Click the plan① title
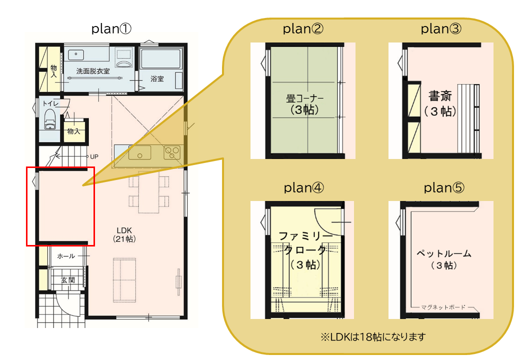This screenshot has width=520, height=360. [111, 29]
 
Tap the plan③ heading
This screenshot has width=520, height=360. [440, 29]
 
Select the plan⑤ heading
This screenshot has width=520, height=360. [444, 188]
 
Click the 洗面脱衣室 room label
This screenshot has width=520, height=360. [93, 71]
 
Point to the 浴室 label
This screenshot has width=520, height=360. [157, 78]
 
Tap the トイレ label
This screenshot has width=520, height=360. [50, 103]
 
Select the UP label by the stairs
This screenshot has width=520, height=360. [94, 156]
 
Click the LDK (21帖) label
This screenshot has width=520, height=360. [124, 234]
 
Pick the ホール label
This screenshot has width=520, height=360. [66, 256]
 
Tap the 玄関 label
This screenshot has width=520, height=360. [68, 280]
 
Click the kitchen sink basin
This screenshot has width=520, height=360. [139, 153]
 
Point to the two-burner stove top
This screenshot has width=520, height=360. [172, 152]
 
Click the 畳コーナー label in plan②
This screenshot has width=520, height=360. [304, 98]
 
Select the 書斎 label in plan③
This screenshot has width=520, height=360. [440, 96]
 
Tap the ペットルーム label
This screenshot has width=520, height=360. [444, 253]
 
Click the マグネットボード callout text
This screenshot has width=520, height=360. [443, 307]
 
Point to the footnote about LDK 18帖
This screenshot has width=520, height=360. [373, 337]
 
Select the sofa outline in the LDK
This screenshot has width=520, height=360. [124, 280]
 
